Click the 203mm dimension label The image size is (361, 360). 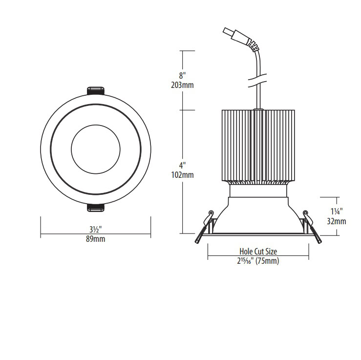point(182,85)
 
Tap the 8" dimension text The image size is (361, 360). point(182,76)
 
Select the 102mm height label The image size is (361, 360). point(182,175)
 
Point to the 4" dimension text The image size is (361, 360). point(182,165)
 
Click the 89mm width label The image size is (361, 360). point(96,239)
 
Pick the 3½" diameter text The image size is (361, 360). point(96,230)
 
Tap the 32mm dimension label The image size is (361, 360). point(337,221)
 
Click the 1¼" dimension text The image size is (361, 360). point(337,212)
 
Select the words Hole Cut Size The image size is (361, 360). point(258,251)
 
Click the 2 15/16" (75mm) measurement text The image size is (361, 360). point(258,261)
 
